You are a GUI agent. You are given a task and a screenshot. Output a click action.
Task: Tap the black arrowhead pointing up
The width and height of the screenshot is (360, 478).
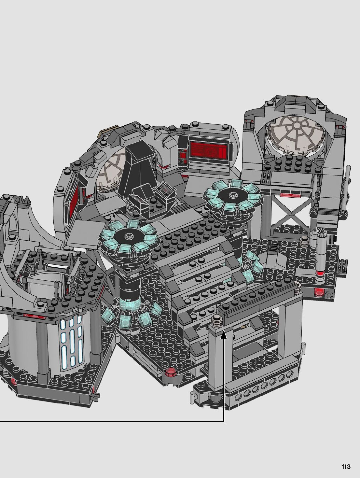point(224,336)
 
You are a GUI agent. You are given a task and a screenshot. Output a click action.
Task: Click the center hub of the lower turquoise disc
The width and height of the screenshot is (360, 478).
point(127,236)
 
